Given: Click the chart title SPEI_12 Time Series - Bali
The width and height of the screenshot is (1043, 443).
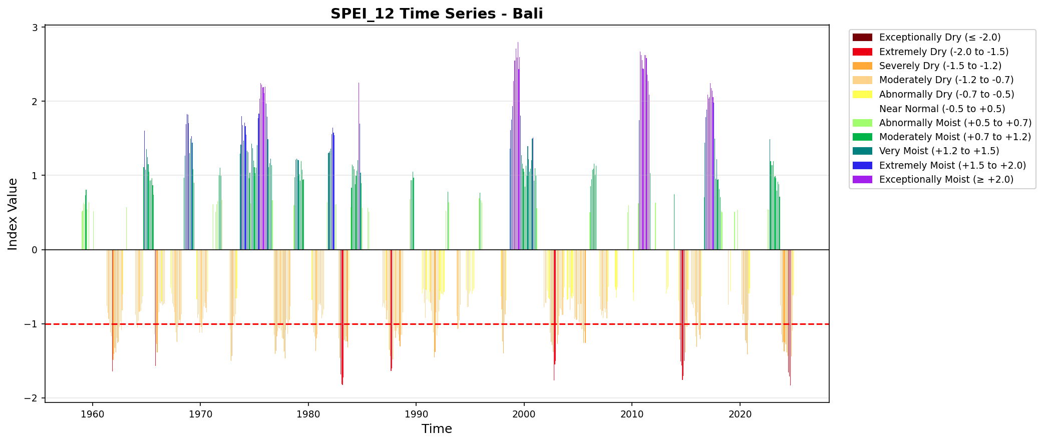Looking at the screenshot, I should click(x=436, y=14).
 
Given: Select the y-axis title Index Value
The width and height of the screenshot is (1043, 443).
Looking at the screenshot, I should click(x=13, y=214).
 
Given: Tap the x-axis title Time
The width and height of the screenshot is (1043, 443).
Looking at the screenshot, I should click(x=436, y=429).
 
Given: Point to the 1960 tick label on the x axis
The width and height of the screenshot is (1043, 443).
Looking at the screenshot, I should click(x=92, y=414).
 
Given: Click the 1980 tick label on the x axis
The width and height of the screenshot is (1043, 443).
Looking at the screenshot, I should click(x=308, y=414).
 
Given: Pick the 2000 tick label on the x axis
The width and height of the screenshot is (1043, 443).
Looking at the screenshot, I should click(x=524, y=414).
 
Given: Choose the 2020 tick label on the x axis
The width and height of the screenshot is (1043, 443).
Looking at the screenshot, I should click(x=740, y=414).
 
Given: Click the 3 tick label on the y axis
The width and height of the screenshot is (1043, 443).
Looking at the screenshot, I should click(x=35, y=28).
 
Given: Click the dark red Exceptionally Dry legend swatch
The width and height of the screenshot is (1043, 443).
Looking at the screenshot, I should click(x=862, y=38).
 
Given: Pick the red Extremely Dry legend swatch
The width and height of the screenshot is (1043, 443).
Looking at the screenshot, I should click(x=862, y=52).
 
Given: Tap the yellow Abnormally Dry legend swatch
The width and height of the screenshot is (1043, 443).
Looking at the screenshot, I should click(x=862, y=94).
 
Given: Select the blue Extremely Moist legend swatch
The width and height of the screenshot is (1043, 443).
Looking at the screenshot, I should click(x=862, y=165).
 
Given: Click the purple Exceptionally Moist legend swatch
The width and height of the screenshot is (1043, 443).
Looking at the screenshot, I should click(x=862, y=179).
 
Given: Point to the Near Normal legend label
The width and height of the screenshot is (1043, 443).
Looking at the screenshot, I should click(x=942, y=109).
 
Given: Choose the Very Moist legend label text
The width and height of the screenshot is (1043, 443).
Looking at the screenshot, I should click(x=939, y=151).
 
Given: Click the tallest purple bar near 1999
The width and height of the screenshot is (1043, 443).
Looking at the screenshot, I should click(x=518, y=145).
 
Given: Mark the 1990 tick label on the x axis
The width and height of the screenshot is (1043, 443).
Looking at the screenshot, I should click(x=416, y=414).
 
